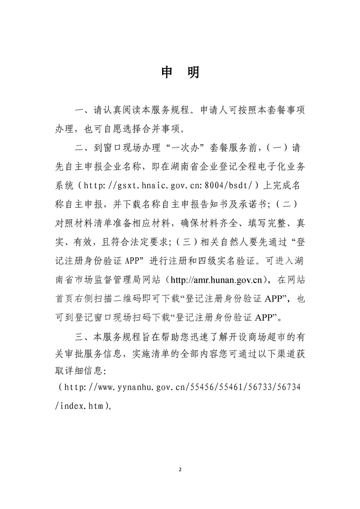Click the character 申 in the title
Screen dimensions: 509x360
[167, 73]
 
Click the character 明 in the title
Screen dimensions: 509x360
[193, 73]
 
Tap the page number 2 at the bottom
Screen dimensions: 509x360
[180, 469]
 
